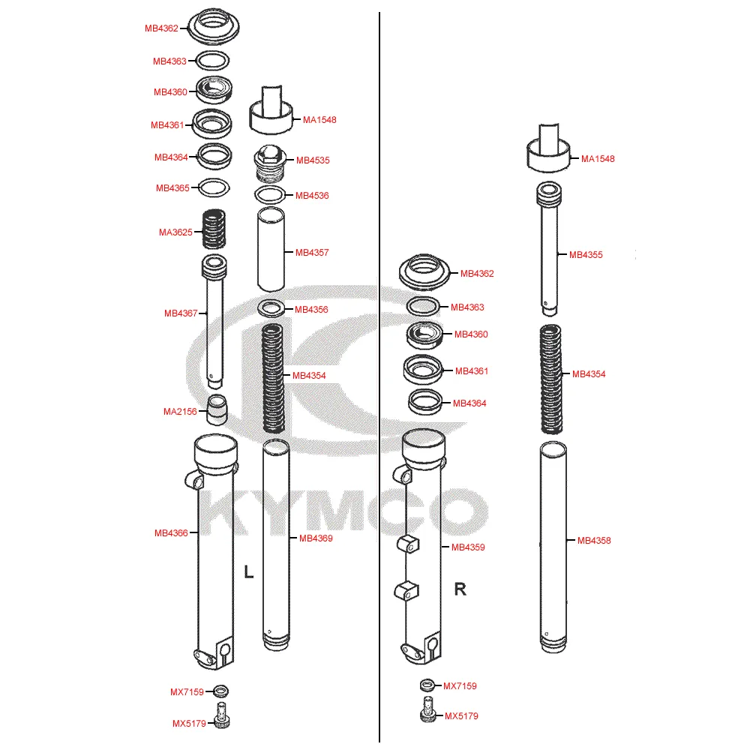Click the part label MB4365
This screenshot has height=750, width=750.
[172, 188]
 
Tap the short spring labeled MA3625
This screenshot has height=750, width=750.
[214, 229]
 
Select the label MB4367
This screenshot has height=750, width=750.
[181, 313]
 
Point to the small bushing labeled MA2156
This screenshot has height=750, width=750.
[217, 410]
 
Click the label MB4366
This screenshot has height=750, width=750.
[171, 532]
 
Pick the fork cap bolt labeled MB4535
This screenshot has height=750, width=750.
[270, 163]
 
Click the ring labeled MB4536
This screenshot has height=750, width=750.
[270, 195]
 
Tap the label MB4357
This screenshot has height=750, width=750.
[312, 252]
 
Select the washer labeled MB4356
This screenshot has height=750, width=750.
[271, 308]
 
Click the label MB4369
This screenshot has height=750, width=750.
[316, 538]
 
